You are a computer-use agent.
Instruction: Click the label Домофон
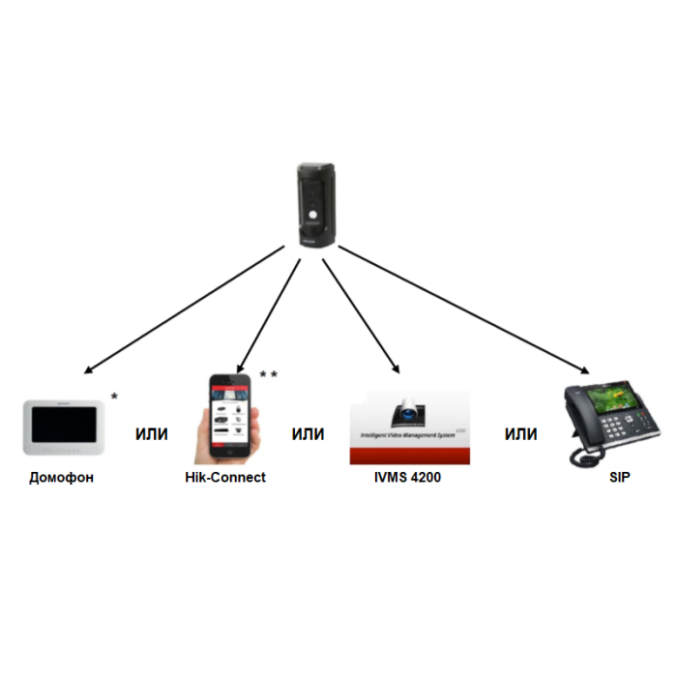point(62,478)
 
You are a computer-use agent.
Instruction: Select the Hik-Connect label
point(225,478)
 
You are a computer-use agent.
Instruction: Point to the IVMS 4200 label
point(407,478)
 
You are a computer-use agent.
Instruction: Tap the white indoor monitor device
point(63,426)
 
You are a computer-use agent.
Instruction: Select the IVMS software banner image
point(409,427)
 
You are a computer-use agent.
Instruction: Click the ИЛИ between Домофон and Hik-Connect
point(151,434)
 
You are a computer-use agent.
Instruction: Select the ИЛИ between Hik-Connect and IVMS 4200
point(308,434)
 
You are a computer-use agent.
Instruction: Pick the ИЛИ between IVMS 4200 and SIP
point(520,434)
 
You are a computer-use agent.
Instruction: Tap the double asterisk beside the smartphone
point(268,374)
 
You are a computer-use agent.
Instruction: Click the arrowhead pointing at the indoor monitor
point(88,370)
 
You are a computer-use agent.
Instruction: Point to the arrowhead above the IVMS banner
point(396,368)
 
